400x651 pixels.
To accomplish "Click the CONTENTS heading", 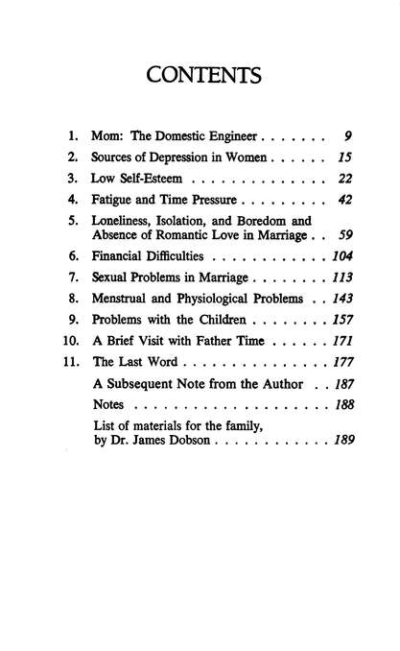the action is [x=200, y=73].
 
